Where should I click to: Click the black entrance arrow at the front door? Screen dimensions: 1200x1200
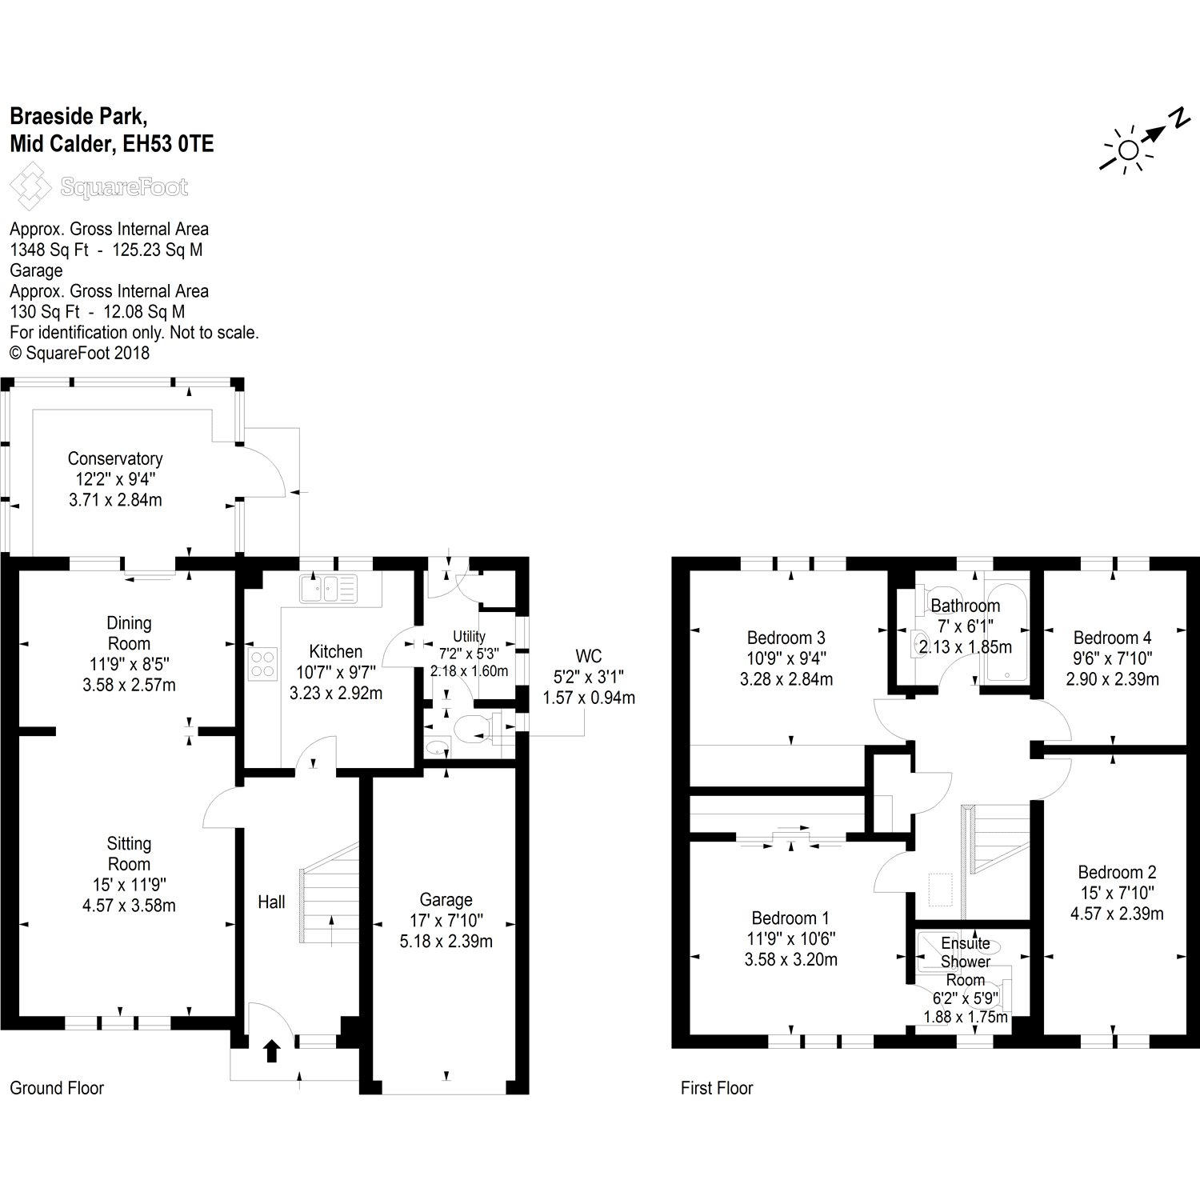coord(271,1050)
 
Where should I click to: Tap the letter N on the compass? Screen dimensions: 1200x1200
coord(1178,118)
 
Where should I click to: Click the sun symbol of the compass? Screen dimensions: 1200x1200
coord(1128,150)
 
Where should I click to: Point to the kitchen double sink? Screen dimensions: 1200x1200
coord(329,589)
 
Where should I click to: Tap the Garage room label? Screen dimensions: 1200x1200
coord(446,900)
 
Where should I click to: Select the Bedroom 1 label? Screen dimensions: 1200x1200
coord(790,918)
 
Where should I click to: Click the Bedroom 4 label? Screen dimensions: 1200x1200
coord(1112,638)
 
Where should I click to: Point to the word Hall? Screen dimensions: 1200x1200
coord(271,902)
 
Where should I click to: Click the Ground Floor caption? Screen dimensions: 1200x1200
coord(57,1088)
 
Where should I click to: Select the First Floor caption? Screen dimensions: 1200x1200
coord(717,1088)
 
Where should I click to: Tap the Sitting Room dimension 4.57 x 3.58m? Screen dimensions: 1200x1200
coord(129,906)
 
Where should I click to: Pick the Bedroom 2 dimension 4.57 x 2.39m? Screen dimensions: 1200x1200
coord(1116,914)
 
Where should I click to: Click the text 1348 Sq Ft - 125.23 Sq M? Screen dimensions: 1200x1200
coord(106,250)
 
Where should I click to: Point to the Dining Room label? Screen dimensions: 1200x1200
coord(129,633)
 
